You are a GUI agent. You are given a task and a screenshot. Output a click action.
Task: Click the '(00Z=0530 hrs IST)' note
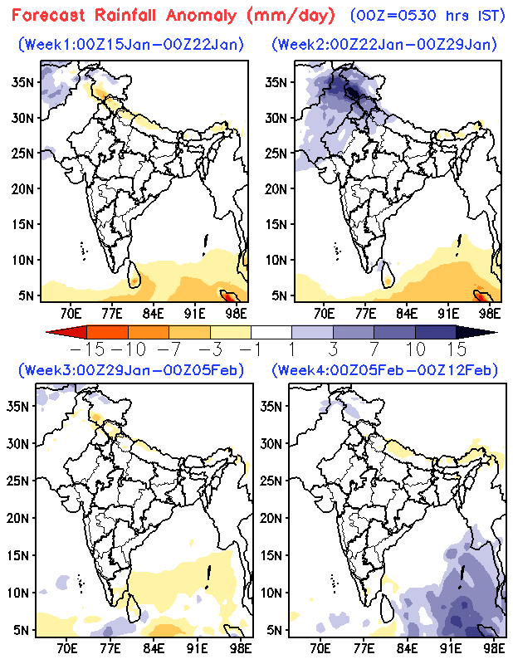point(427,15)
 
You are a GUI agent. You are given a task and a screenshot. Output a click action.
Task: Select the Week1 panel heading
point(130,43)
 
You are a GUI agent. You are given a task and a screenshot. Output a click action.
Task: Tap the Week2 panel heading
point(384,43)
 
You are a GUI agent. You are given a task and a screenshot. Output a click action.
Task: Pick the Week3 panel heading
point(134,369)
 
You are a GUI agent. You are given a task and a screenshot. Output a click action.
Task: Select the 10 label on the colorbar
point(413,347)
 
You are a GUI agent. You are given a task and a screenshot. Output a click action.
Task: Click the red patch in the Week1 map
point(229,293)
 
